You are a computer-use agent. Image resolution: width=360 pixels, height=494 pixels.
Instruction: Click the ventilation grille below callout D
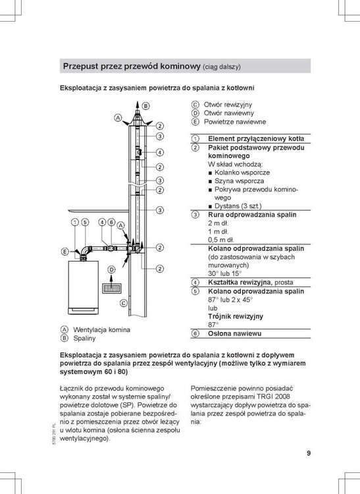(112, 288)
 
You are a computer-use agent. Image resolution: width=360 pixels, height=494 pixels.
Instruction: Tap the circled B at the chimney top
(145, 106)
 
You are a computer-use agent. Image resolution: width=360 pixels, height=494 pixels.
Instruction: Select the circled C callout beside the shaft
(123, 303)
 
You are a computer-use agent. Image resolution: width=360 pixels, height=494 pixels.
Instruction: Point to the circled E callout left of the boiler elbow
(64, 252)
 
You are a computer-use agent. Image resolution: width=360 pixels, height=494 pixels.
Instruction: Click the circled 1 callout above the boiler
(75, 222)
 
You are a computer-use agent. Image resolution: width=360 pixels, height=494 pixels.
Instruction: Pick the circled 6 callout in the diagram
(111, 222)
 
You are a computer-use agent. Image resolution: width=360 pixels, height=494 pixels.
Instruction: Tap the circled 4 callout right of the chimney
(160, 153)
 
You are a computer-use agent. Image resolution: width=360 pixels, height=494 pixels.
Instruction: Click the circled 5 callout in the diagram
(86, 222)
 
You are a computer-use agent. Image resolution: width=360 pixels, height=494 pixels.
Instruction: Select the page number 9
(309, 453)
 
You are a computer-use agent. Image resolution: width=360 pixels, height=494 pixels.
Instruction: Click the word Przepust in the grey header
(81, 67)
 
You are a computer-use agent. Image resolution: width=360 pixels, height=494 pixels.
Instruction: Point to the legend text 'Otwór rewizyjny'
(228, 105)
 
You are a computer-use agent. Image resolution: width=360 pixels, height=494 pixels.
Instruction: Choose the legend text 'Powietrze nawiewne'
(235, 122)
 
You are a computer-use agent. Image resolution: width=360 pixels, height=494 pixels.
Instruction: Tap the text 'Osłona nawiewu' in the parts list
(234, 333)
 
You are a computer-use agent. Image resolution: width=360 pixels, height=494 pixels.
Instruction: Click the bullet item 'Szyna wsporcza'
(239, 181)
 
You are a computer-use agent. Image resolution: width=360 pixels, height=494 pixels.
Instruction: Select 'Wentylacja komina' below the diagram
(101, 330)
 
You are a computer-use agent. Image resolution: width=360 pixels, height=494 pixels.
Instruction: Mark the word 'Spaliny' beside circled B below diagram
(84, 339)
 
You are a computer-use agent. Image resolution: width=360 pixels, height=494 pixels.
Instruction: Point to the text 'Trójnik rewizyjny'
(236, 316)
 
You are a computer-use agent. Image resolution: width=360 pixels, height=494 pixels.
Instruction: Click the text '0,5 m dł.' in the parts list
(221, 240)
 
